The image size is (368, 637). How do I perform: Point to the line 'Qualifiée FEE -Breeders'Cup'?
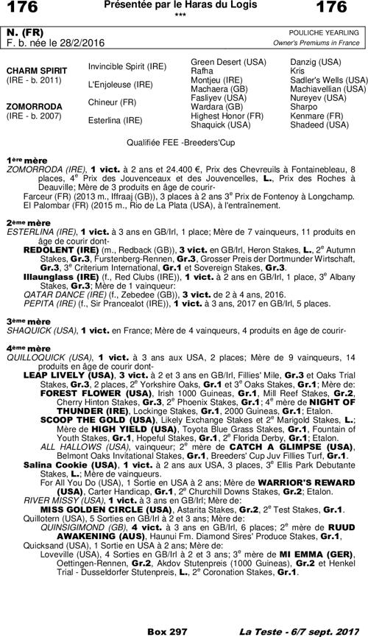(184, 140)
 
